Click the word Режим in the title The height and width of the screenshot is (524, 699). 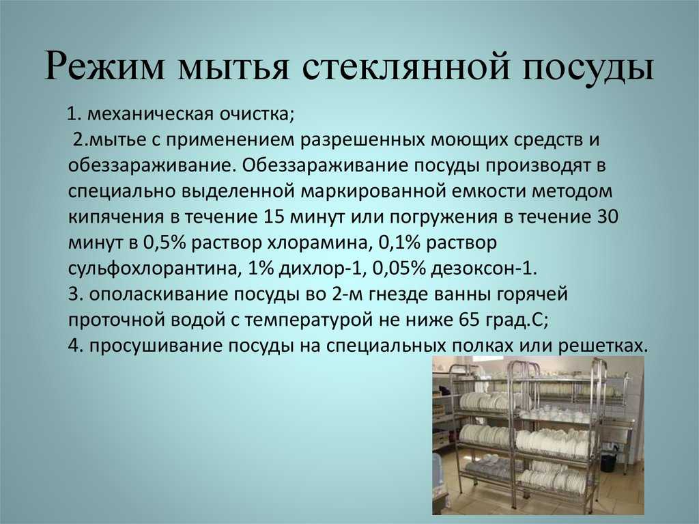click(x=103, y=66)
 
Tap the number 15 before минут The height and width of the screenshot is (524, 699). click(x=274, y=217)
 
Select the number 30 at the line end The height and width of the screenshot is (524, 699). click(x=607, y=217)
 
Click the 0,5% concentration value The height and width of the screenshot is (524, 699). click(x=164, y=243)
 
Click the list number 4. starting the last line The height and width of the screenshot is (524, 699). click(x=75, y=346)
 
